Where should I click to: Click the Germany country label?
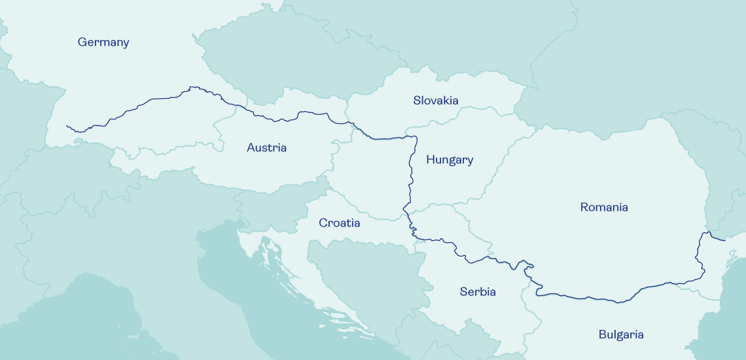[x=103, y=43]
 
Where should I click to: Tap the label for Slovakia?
[x=435, y=100]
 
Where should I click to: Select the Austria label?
[x=266, y=148]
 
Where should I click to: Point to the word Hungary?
[x=450, y=160]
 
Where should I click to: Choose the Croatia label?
[x=339, y=223]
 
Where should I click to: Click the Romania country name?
[x=603, y=207]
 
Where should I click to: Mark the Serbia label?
[x=477, y=292]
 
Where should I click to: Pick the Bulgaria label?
[x=620, y=334]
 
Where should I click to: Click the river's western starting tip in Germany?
[x=67, y=126]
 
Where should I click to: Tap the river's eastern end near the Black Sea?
[x=724, y=240]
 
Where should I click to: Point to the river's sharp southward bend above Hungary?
[x=415, y=138]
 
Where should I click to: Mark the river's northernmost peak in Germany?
[x=192, y=87]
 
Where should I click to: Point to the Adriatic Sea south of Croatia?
[x=262, y=308]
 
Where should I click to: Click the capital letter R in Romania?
[x=584, y=207]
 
